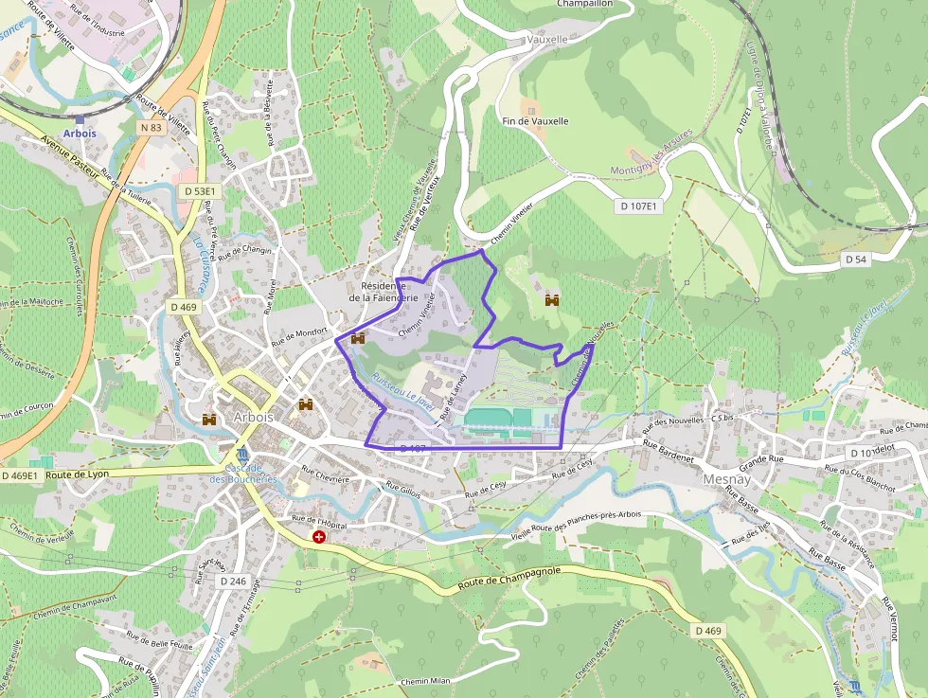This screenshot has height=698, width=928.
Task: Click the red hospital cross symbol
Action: click(x=319, y=537)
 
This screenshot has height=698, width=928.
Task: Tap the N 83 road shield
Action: click(x=151, y=128)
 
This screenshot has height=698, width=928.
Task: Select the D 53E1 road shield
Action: click(x=198, y=191)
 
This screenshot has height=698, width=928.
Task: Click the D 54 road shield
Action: click(x=855, y=260)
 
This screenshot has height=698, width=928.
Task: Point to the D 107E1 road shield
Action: click(x=639, y=206)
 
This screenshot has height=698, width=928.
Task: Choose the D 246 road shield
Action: click(x=232, y=580)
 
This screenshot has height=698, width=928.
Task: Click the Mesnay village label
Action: click(x=726, y=479)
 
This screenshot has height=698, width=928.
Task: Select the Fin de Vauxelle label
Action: click(x=536, y=121)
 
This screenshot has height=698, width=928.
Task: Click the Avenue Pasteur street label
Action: click(x=71, y=154)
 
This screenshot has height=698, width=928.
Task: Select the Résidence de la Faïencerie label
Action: click(x=390, y=291)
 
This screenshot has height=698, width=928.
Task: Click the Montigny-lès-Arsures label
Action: click(x=651, y=162)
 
